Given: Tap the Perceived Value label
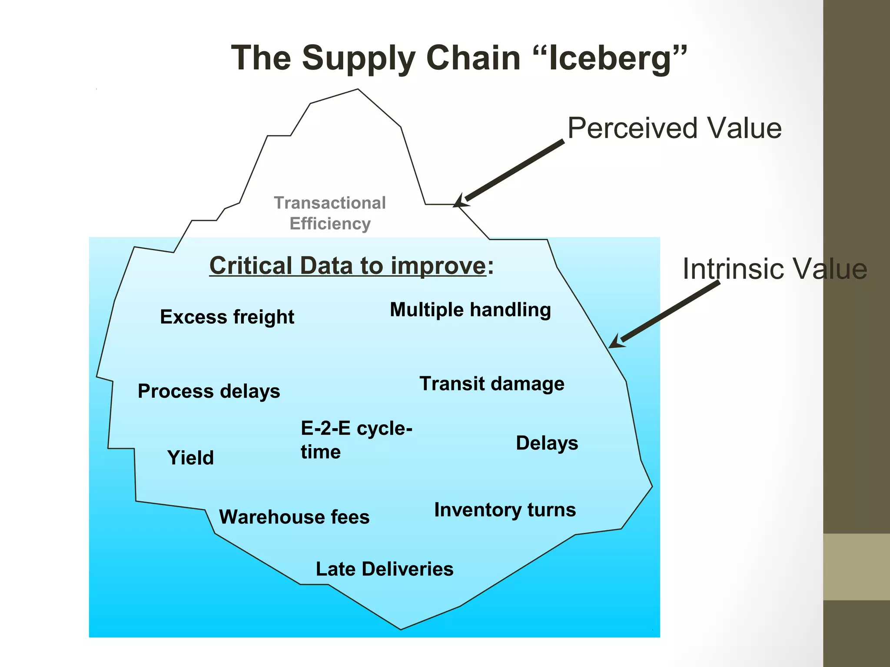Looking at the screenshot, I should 674,129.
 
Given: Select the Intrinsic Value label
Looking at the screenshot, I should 774,269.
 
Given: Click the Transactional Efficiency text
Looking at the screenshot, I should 329,213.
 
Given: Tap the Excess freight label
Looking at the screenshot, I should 227,317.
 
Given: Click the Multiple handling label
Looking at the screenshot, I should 470,310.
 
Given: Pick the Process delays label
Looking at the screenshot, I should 209,391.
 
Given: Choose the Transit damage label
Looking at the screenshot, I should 491,384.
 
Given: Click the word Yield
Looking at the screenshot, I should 190,458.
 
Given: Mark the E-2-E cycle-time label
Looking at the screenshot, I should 355,440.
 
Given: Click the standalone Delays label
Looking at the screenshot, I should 547,443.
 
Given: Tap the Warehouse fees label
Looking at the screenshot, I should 294,517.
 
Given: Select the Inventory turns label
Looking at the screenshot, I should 505,510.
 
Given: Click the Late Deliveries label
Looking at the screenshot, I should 384,569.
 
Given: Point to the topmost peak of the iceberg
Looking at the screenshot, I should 357,90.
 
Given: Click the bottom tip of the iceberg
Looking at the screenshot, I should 401,628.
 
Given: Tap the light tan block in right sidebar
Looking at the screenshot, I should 856,567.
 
